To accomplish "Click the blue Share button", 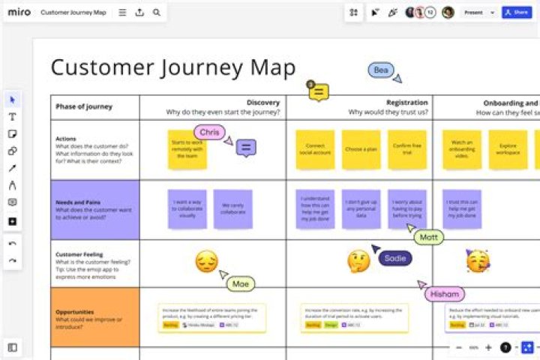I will (517, 13).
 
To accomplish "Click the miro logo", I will (19, 13).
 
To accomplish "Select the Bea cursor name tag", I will (381, 70).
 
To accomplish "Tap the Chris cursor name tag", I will (209, 133).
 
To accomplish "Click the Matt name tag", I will (428, 237).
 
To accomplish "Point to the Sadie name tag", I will (394, 257).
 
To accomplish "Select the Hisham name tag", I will (444, 294).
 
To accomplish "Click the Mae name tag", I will (241, 283).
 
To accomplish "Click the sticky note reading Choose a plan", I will (361, 148).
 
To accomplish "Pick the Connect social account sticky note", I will (315, 148).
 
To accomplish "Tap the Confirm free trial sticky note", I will (407, 148).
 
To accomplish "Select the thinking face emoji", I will (358, 261).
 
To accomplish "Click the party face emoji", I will (477, 260).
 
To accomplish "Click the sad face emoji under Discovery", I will (207, 262).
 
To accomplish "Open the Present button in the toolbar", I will (473, 13).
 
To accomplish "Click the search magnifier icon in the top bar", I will (156, 13).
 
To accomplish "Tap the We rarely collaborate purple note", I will (232, 208).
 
